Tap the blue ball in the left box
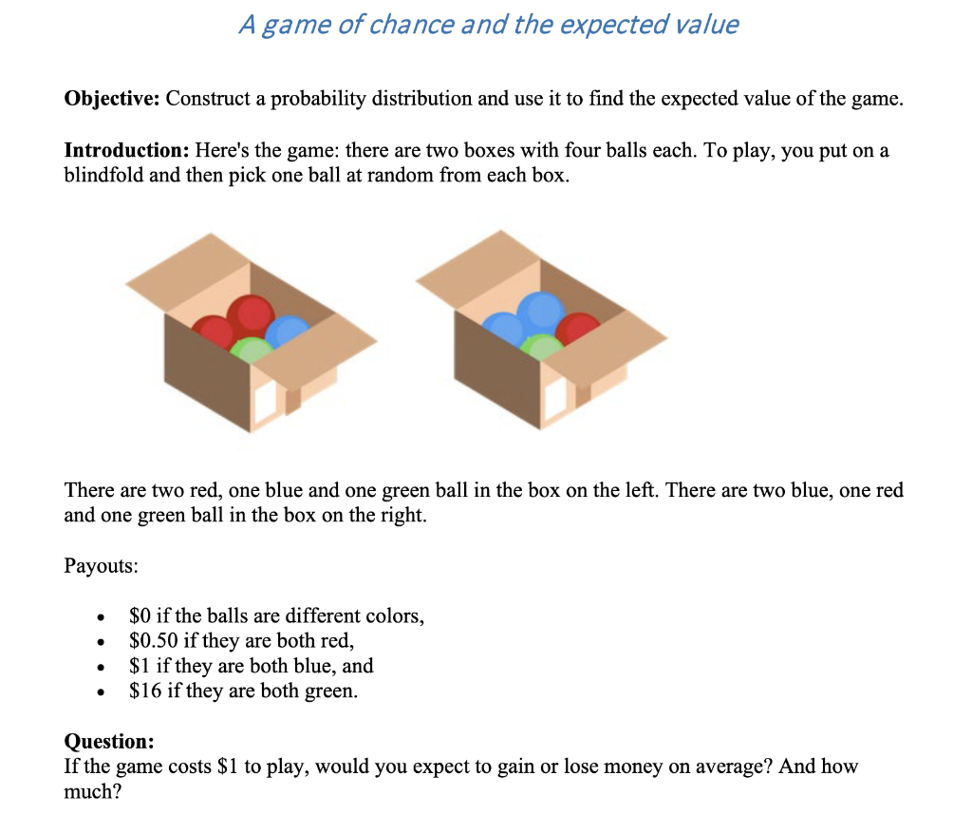pos(286,331)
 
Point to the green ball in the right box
pos(542,347)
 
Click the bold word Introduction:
pos(125,151)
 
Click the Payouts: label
pos(101,566)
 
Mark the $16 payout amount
pos(145,691)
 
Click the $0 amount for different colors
pos(140,616)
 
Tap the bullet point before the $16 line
pos(99,692)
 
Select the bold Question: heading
pos(108,741)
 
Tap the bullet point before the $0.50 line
pos(99,643)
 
